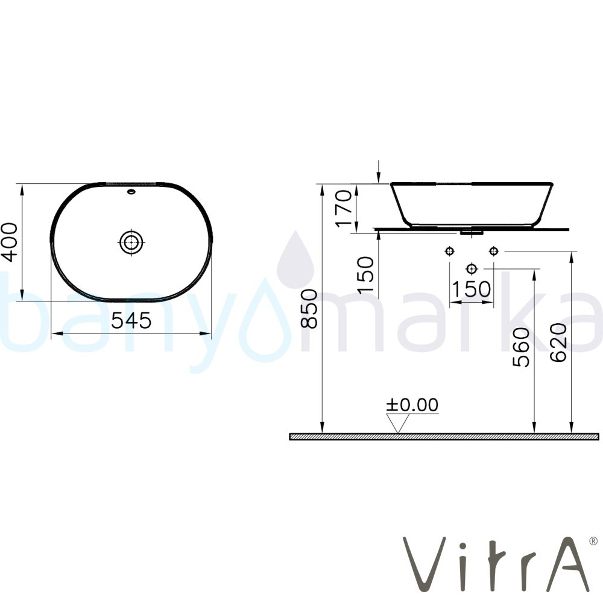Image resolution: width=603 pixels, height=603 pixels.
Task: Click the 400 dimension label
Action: pyautogui.click(x=11, y=242)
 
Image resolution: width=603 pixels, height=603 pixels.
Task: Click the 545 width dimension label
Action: pyautogui.click(x=131, y=321)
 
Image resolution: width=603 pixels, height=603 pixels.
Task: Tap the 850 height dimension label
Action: pyautogui.click(x=309, y=308)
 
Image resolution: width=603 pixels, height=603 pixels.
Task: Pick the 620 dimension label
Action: pyautogui.click(x=558, y=342)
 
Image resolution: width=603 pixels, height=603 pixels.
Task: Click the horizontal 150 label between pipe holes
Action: pyautogui.click(x=471, y=289)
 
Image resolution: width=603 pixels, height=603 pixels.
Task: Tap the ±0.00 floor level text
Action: pyautogui.click(x=413, y=405)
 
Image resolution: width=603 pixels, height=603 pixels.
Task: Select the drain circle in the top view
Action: pyautogui.click(x=130, y=242)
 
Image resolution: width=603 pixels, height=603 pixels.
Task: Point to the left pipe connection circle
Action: pyautogui.click(x=449, y=251)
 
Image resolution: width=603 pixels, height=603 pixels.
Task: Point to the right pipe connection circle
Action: pyautogui.click(x=494, y=251)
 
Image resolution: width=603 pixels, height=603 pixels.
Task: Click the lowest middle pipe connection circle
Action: pyautogui.click(x=472, y=268)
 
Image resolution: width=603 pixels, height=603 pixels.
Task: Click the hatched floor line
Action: pyautogui.click(x=444, y=437)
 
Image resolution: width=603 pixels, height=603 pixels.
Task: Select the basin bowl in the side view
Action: pyautogui.click(x=472, y=202)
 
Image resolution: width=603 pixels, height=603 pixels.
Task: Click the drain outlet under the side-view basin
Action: pyautogui.click(x=472, y=230)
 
